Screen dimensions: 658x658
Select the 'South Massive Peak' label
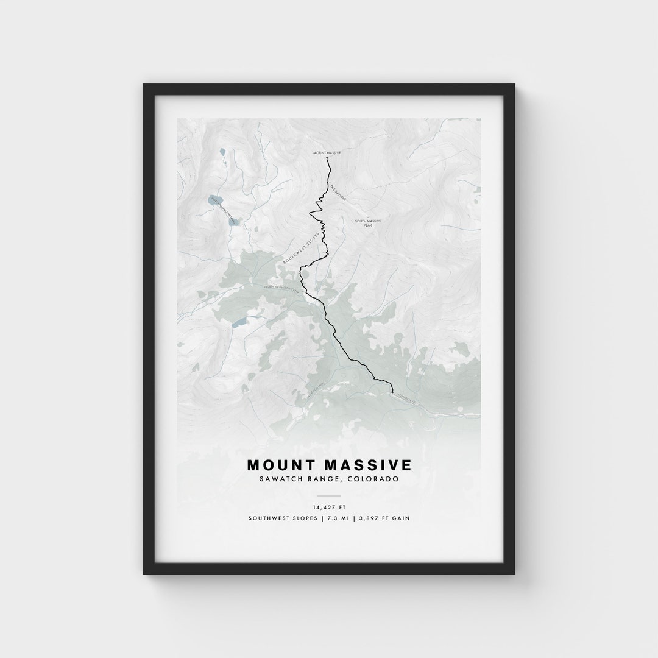point(368,223)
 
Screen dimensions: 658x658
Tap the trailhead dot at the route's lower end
point(392,393)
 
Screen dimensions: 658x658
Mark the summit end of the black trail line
point(328,158)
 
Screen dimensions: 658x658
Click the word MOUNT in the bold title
point(281,465)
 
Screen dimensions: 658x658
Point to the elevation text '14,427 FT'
point(329,506)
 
